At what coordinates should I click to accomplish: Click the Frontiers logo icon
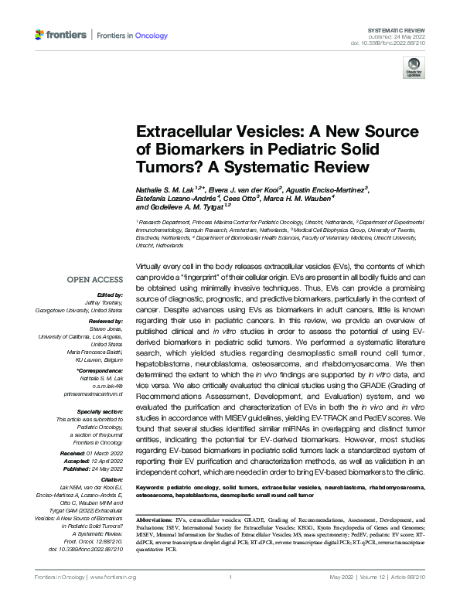click(40, 36)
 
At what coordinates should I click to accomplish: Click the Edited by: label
click(111, 294)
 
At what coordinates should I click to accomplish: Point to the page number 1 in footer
click(230, 577)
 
